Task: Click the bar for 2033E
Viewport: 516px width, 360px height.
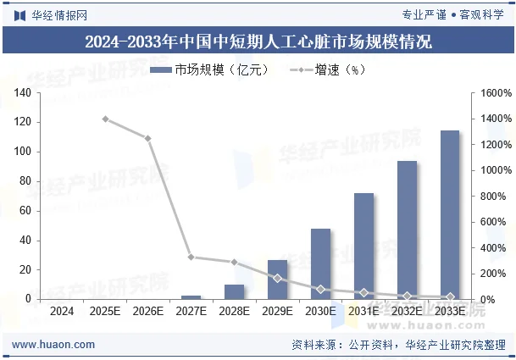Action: tap(449, 215)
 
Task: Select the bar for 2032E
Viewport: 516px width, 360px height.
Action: tap(407, 230)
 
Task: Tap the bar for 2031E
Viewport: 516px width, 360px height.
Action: tap(363, 246)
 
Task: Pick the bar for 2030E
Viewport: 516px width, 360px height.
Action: tap(320, 264)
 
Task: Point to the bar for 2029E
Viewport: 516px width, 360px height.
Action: tap(277, 280)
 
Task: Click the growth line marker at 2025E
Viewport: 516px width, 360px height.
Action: tap(105, 119)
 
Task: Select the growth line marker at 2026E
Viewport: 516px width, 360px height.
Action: tap(148, 138)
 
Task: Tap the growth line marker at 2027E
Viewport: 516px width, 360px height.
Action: tap(191, 257)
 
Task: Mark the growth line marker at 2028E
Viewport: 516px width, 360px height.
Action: tap(235, 263)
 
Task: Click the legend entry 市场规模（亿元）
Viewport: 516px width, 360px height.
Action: tap(210, 69)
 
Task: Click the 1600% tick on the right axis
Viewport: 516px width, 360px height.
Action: tap(494, 92)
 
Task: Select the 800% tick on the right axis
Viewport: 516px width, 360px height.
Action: tap(494, 197)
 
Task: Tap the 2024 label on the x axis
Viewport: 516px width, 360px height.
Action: tap(62, 312)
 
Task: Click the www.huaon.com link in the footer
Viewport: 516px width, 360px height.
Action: tap(53, 345)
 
